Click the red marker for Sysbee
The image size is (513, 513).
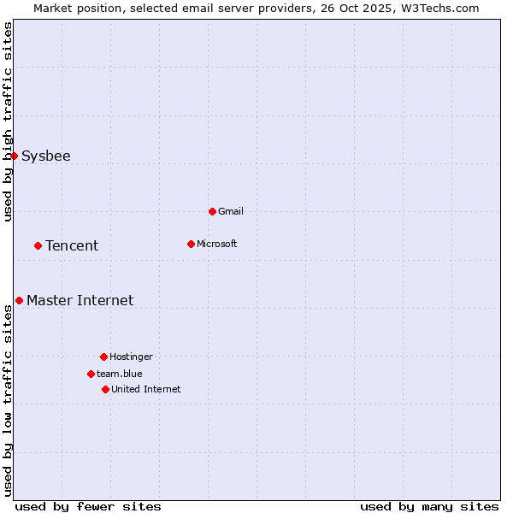click(x=15, y=156)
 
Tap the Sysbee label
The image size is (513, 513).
click(x=46, y=156)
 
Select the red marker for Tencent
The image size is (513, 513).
click(x=38, y=245)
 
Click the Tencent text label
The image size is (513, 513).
click(x=72, y=246)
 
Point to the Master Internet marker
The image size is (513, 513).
click(x=19, y=300)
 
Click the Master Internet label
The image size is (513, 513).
click(x=80, y=301)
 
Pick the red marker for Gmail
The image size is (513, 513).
click(x=212, y=211)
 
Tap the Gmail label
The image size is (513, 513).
click(x=231, y=212)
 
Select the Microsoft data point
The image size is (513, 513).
click(x=191, y=244)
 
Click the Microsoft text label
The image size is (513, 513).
click(x=217, y=245)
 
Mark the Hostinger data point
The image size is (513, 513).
click(x=103, y=357)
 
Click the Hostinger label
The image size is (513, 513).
click(x=131, y=357)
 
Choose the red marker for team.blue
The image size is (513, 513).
click(x=91, y=374)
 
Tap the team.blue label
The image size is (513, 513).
click(x=120, y=374)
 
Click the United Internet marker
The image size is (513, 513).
click(x=105, y=389)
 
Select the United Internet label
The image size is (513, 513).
click(x=146, y=390)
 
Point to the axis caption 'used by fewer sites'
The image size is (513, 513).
click(x=88, y=506)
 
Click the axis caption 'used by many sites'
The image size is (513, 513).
click(x=429, y=506)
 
